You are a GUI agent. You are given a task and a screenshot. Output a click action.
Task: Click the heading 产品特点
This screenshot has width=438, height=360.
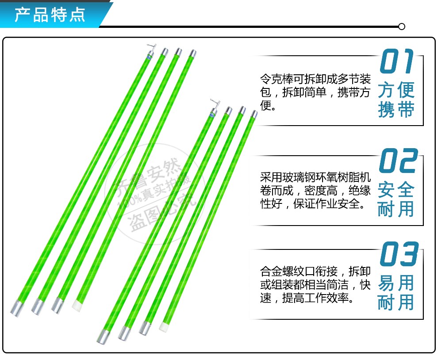[50, 15]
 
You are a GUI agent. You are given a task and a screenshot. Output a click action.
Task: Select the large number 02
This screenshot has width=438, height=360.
[398, 161]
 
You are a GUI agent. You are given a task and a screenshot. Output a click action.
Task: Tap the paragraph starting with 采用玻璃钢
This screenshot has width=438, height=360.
[315, 191]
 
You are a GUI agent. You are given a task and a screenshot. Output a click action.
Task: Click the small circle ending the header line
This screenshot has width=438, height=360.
[402, 27]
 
